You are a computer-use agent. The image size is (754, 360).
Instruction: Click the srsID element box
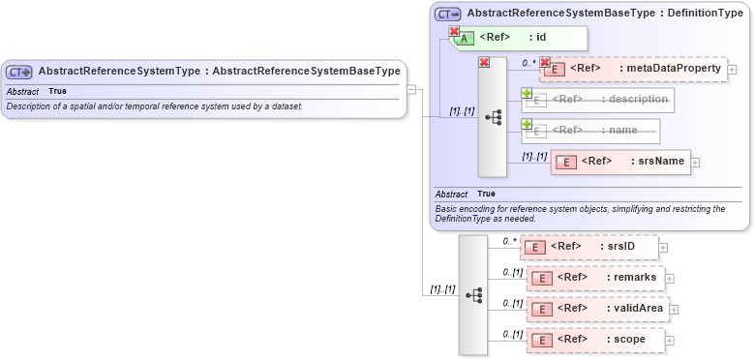click(589, 247)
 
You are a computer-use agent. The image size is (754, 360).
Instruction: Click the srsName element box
click(620, 162)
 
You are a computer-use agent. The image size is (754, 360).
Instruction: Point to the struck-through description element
click(598, 100)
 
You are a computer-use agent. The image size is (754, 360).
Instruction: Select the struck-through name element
click(590, 131)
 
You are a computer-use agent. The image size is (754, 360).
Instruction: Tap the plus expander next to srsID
click(663, 248)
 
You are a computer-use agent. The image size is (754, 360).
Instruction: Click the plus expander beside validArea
click(674, 310)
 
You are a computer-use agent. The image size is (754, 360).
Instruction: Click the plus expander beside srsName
click(695, 163)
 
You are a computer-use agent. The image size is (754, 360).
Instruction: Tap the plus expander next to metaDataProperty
click(732, 70)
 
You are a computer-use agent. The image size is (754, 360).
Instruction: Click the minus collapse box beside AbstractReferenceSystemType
click(411, 89)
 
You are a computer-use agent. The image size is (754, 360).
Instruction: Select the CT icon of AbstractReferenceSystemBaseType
click(447, 14)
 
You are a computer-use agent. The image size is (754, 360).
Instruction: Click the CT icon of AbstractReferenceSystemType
click(18, 72)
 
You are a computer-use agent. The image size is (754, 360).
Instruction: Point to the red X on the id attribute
click(453, 32)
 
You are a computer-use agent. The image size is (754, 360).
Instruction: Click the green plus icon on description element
click(528, 94)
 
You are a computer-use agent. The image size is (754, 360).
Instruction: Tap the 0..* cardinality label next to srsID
click(509, 241)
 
